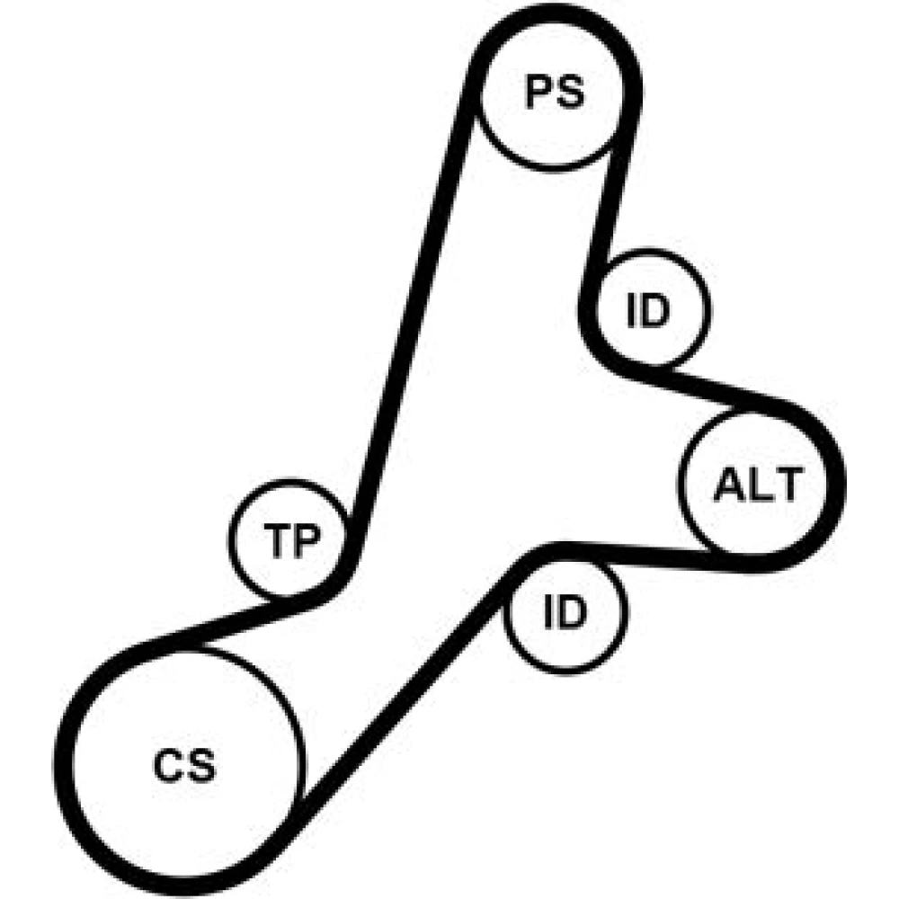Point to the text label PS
point(555,93)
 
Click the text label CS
point(184,766)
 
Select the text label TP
point(292,540)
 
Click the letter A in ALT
point(728,485)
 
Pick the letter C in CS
point(168,766)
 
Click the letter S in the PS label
point(571,93)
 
